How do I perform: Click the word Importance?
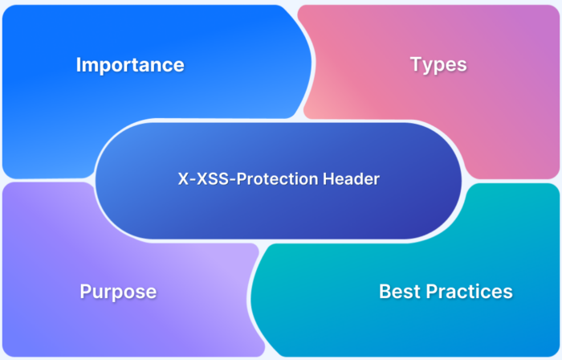click(x=130, y=65)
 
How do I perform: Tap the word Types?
click(x=438, y=65)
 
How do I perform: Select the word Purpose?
click(x=118, y=291)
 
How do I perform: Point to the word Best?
click(x=398, y=291)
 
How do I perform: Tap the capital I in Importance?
click(x=79, y=65)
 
